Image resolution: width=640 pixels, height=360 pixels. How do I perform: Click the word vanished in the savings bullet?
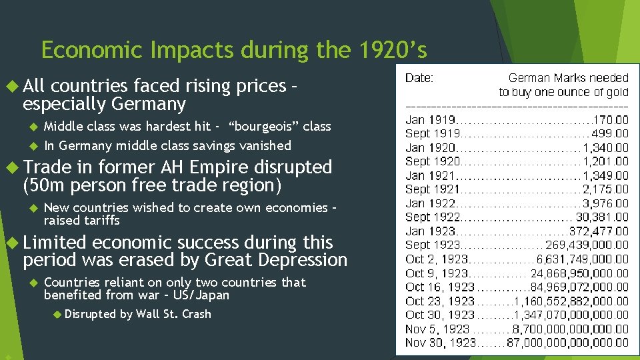(265, 145)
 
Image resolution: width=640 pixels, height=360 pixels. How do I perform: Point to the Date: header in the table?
(419, 78)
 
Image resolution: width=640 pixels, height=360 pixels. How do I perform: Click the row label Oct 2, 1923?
(437, 259)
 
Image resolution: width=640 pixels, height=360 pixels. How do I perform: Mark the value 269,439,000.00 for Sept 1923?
(587, 245)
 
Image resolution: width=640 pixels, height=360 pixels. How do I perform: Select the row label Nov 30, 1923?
(441, 343)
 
